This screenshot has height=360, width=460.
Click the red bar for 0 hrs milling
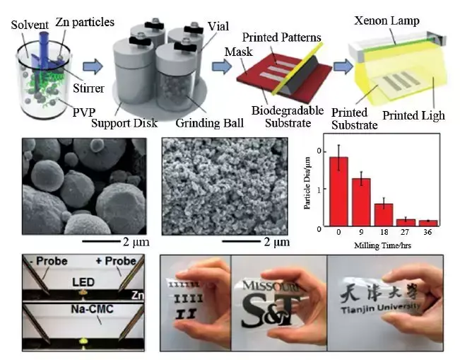pos(338,190)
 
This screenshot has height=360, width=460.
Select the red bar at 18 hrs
pos(384,214)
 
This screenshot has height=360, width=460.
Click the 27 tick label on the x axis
pos(406,232)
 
